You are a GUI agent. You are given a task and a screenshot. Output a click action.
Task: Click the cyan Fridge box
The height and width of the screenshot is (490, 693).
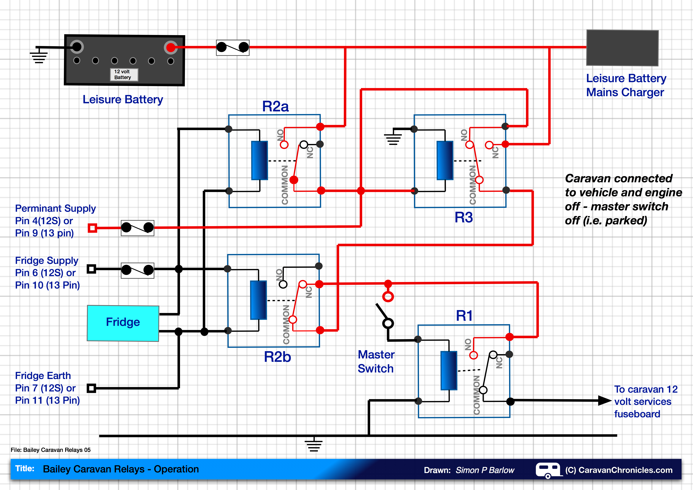[123, 323]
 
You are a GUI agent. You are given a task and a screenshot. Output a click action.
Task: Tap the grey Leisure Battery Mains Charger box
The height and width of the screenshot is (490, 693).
[622, 48]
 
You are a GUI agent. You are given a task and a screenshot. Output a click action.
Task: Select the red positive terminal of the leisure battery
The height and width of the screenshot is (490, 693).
[171, 47]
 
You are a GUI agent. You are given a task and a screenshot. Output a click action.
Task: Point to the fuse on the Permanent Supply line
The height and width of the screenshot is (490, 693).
[137, 228]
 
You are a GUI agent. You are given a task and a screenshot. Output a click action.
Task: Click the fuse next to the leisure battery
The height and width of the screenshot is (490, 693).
[232, 48]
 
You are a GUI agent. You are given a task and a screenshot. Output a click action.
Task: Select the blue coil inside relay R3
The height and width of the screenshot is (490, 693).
[445, 161]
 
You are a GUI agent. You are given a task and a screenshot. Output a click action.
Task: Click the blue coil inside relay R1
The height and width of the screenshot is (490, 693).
[449, 371]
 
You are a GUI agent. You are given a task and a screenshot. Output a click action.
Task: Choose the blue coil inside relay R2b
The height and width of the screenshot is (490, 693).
[258, 300]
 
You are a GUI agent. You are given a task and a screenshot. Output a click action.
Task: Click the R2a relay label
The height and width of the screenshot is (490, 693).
[275, 106]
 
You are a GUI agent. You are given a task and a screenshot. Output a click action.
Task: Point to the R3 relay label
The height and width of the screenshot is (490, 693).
[464, 217]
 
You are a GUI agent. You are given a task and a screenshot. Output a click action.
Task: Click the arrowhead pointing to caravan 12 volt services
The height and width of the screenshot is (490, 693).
[604, 401]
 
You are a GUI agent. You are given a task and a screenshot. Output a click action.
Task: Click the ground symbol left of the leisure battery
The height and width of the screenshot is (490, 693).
[39, 56]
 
